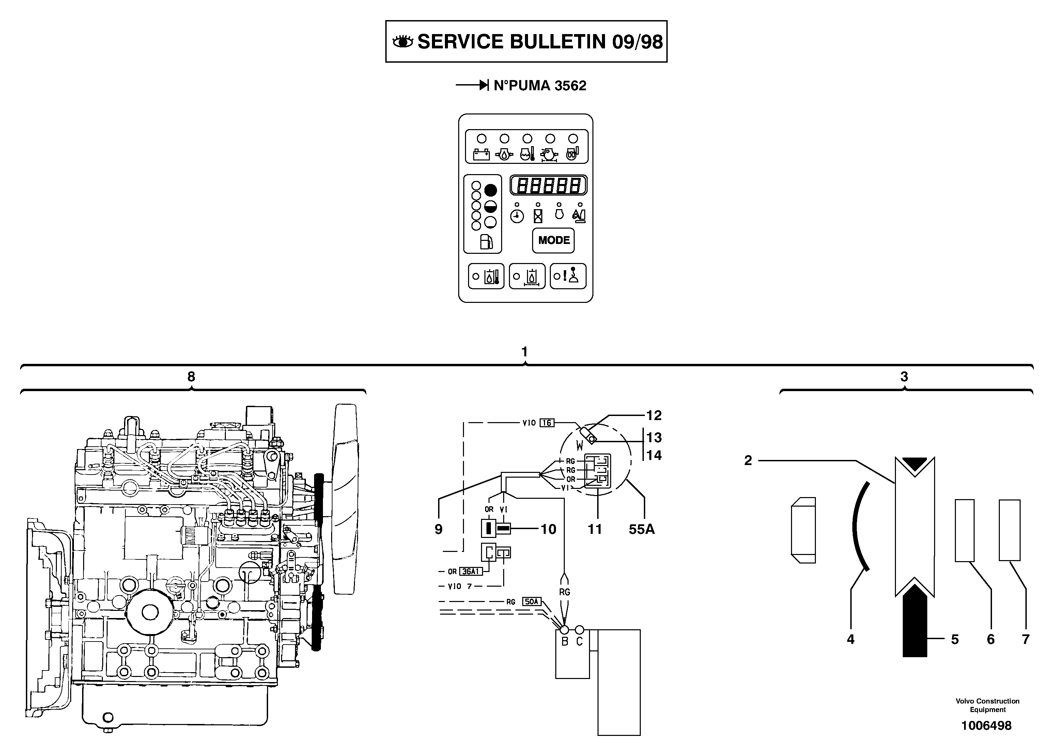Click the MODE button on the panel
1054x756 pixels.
[553, 240]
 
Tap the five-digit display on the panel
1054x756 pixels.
[548, 185]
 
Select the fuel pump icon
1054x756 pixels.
[486, 242]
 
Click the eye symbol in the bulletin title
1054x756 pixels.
[402, 42]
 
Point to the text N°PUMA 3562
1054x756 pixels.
[540, 86]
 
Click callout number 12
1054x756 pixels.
[653, 415]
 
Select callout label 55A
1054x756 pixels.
[641, 529]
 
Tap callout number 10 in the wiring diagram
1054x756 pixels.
[548, 529]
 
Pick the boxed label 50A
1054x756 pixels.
[531, 601]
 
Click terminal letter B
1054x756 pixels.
[565, 642]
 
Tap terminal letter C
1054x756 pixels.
[579, 642]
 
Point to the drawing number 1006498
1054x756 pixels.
[986, 725]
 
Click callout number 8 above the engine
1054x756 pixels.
[191, 376]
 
